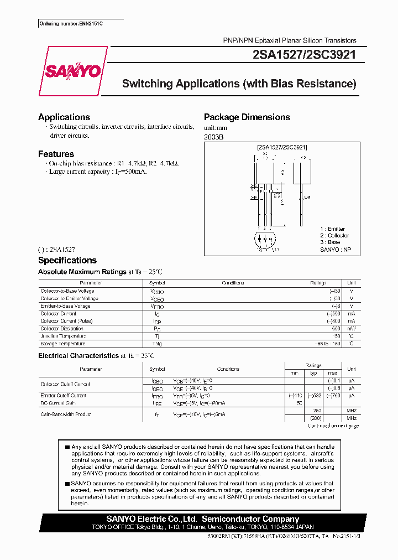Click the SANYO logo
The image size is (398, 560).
pos(73,71)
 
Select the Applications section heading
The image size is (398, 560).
pos(64,117)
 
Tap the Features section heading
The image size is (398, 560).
pos(56,154)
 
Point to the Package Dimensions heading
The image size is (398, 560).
pos(247,117)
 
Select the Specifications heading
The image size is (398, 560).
pos(67,260)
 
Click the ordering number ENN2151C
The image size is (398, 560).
pos(71,24)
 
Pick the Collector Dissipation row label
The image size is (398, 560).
pos(62,329)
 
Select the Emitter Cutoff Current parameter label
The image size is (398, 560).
pos(64,396)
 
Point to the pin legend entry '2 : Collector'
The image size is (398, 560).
pos(334,236)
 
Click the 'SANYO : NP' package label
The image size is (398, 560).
pos(336,250)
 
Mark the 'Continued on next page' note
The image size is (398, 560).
pos(333,426)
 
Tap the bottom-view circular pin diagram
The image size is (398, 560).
pos(265,241)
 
